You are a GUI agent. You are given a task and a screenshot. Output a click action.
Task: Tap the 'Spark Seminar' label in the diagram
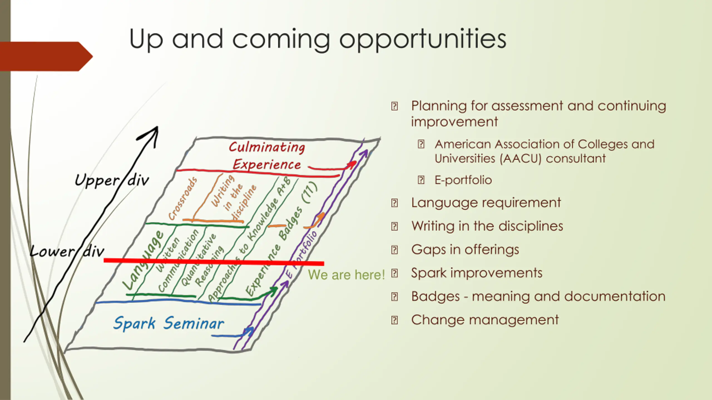[x=169, y=323]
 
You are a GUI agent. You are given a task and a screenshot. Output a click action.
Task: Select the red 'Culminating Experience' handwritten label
[x=267, y=156]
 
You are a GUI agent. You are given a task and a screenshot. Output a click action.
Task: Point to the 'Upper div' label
[x=111, y=180]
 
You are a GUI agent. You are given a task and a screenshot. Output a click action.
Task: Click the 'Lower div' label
[x=67, y=251]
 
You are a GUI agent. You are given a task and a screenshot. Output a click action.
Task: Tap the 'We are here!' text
[x=346, y=275]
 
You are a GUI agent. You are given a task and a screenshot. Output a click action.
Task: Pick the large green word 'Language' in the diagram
[x=144, y=260]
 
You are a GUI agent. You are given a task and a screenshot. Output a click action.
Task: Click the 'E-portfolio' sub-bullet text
[x=463, y=180]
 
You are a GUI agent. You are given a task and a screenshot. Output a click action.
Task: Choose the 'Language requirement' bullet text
[x=486, y=202]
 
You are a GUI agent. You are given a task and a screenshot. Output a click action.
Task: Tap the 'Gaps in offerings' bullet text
[x=465, y=249]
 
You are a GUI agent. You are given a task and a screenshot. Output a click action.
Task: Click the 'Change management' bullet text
[x=485, y=320]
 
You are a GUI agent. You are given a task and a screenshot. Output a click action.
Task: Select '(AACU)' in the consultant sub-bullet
[x=520, y=159]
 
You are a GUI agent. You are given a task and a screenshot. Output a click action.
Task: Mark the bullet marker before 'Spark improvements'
[x=394, y=273]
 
